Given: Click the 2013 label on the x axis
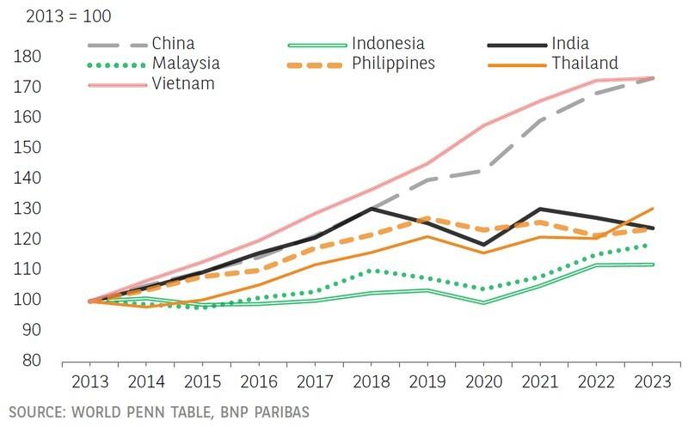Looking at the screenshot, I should (x=90, y=381).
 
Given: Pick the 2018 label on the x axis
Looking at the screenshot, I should (x=371, y=381).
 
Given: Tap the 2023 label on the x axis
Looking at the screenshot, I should (x=651, y=381).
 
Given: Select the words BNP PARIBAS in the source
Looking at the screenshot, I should (x=261, y=413).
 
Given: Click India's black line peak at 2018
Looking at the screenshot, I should (x=371, y=208).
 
